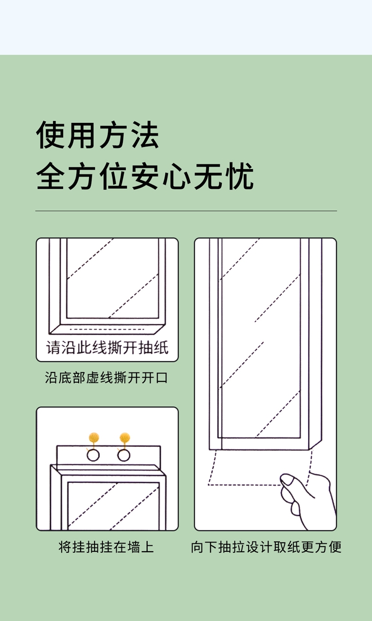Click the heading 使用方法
pyautogui.click(x=98, y=136)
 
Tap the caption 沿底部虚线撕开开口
pyautogui.click(x=107, y=378)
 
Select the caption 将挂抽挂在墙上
pyautogui.click(x=106, y=547)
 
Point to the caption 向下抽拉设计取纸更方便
pyautogui.click(x=266, y=547)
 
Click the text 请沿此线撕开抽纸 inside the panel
pyautogui.click(x=107, y=347)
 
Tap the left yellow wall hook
pyautogui.click(x=95, y=437)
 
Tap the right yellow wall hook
pyautogui.click(x=124, y=437)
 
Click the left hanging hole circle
pyautogui.click(x=93, y=455)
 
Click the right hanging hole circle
pyautogui.click(x=124, y=455)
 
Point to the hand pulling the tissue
pyautogui.click(x=306, y=499)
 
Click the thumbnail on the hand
pyautogui.click(x=287, y=480)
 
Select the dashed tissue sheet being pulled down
pyautogui.click(x=259, y=468)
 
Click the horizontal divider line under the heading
pyautogui.click(x=186, y=211)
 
